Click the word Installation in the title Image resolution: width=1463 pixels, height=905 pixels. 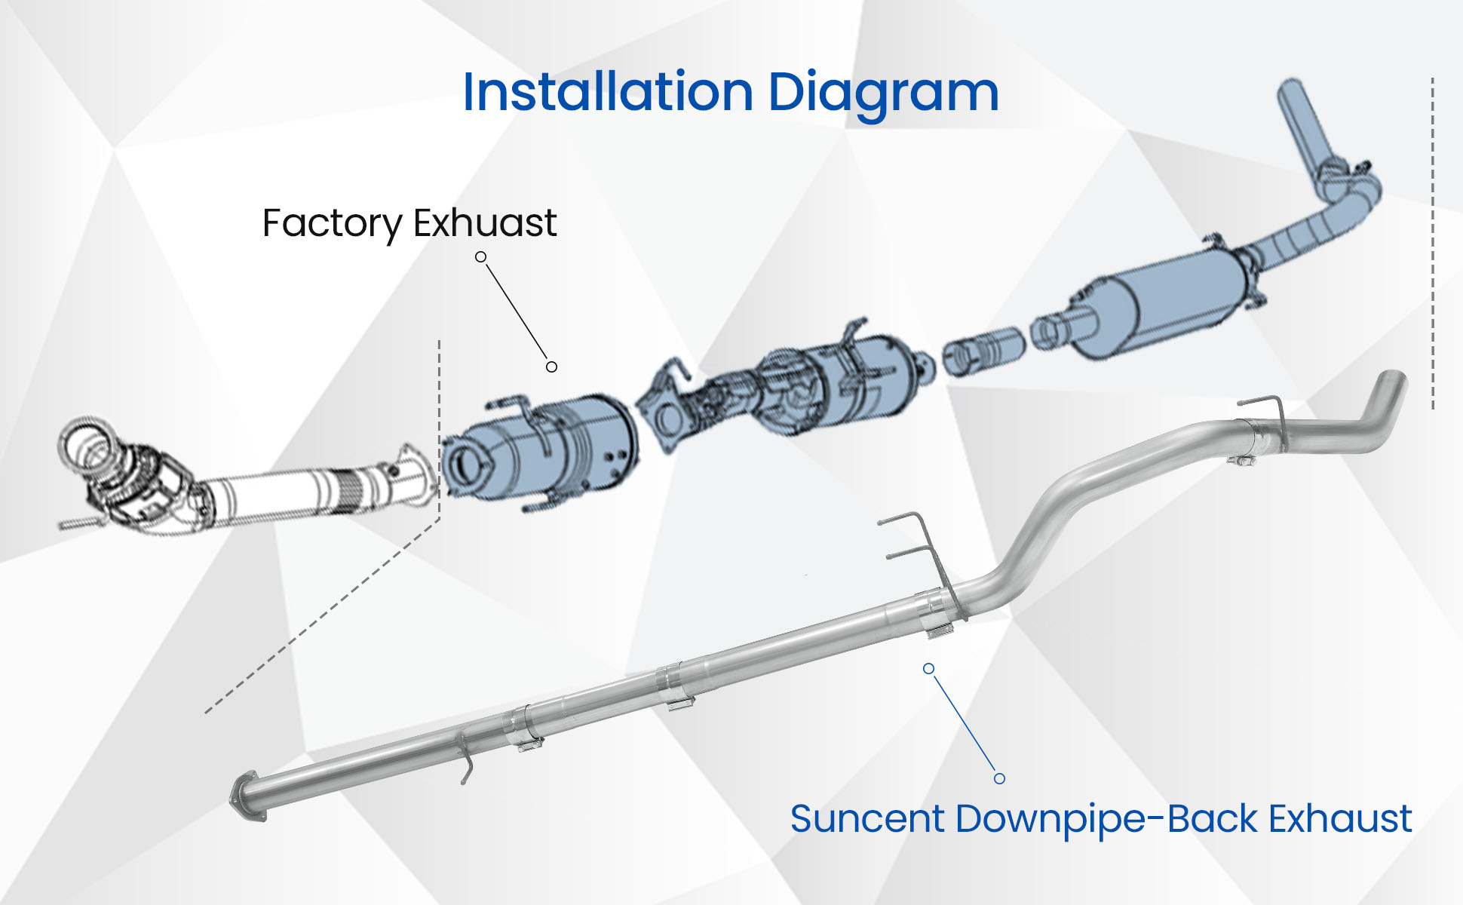(608, 92)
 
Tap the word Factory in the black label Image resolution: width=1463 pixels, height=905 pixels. (333, 224)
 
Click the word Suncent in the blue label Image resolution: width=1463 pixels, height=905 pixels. (867, 819)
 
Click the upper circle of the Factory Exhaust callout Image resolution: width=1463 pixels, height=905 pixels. (480, 257)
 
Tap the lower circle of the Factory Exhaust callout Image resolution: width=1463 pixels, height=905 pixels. (552, 367)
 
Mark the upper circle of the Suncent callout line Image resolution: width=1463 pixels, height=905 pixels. (929, 669)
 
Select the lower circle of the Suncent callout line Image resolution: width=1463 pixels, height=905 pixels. (999, 779)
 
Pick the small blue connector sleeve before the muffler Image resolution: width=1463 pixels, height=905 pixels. (983, 351)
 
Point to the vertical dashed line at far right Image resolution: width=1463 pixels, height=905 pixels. (1432, 243)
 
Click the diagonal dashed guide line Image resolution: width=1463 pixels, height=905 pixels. (322, 615)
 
